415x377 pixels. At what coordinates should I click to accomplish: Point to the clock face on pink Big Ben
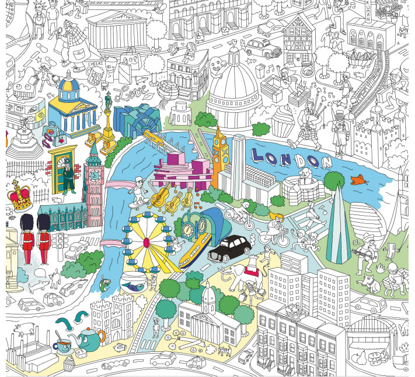click(93, 174)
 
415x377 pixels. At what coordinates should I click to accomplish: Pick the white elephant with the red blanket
click(247, 274)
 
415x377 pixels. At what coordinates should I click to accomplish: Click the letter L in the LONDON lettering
click(259, 155)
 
